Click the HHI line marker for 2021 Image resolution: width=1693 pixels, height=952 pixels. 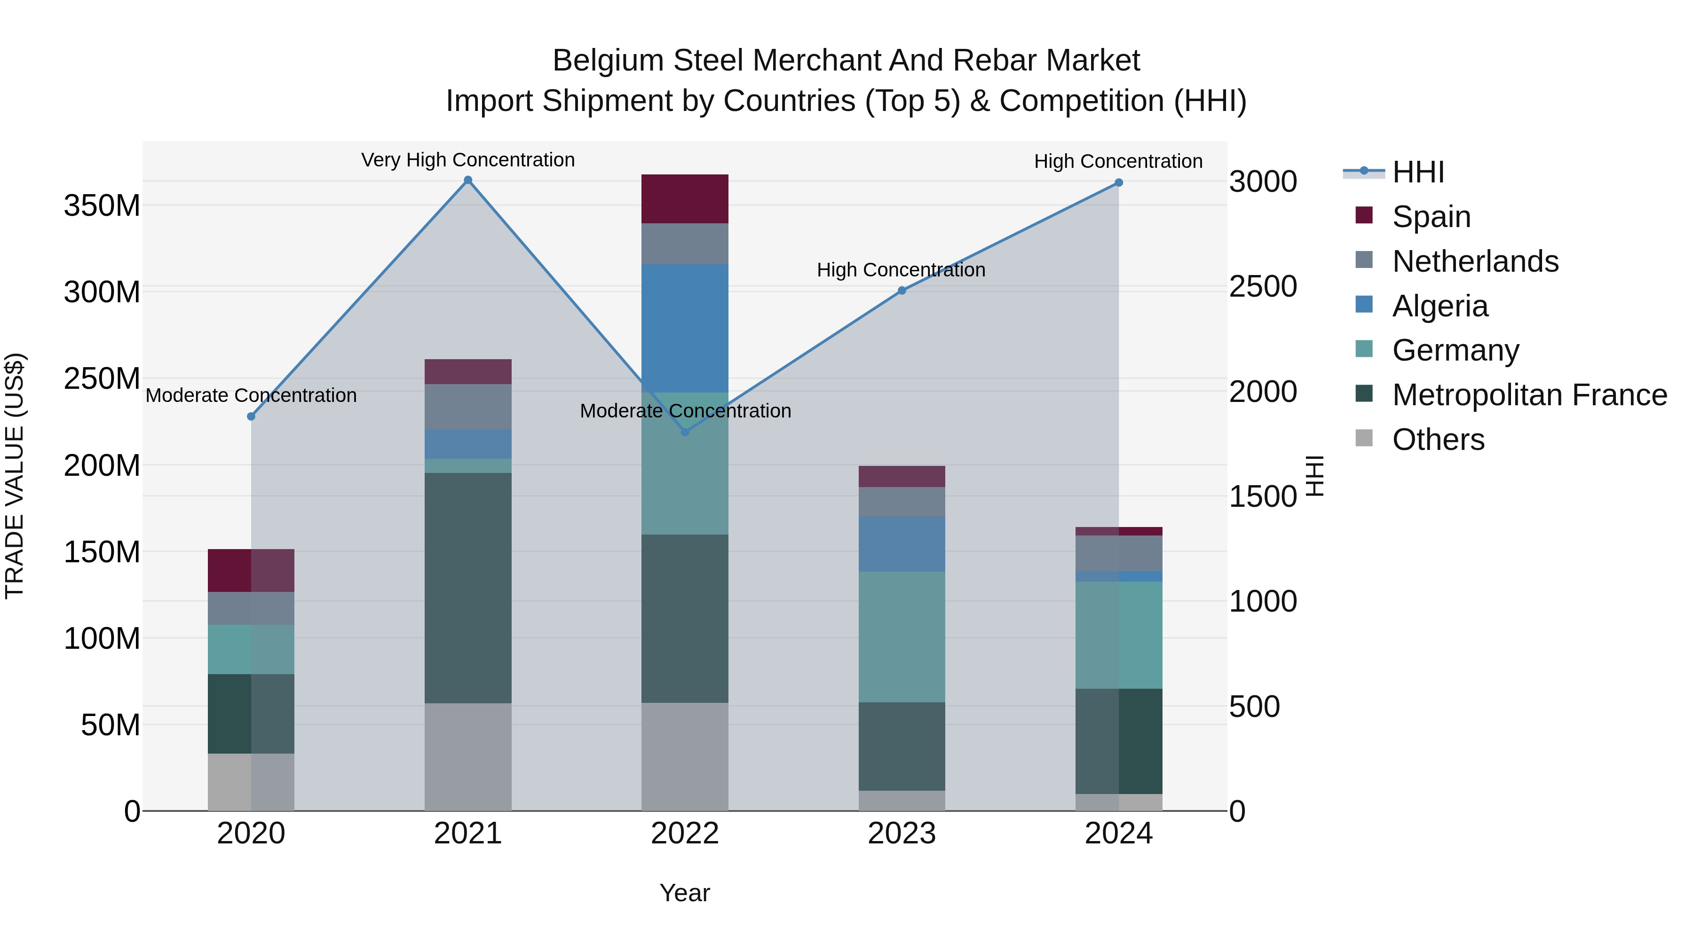pos(468,180)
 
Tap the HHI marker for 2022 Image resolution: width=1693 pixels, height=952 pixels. pos(685,432)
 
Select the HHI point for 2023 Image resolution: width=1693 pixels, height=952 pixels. pos(902,291)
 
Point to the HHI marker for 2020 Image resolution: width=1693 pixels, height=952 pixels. pos(251,417)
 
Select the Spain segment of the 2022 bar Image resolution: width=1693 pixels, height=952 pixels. pos(685,198)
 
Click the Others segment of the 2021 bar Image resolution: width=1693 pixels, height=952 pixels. pos(468,756)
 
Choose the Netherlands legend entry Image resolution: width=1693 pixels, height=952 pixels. pos(1475,261)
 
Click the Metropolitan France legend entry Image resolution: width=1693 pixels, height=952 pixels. pos(1529,395)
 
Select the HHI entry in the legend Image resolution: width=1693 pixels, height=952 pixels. pos(1417,172)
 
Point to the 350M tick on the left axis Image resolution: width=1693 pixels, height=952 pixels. pos(102,205)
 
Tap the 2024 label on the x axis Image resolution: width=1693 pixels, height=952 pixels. pos(1119,834)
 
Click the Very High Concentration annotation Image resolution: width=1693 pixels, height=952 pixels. pos(468,160)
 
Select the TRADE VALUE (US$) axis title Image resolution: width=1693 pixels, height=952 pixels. pos(15,475)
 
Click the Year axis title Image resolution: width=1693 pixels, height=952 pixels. pos(685,893)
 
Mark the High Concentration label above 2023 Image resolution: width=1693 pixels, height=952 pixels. pos(901,269)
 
